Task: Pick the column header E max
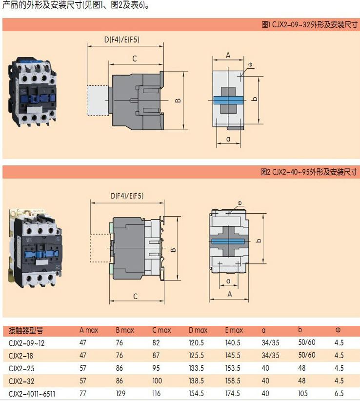(x=234, y=330)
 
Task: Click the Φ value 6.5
(x=339, y=393)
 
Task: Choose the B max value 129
(x=121, y=393)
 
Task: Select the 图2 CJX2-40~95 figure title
(x=308, y=172)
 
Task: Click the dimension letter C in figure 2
(x=135, y=296)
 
